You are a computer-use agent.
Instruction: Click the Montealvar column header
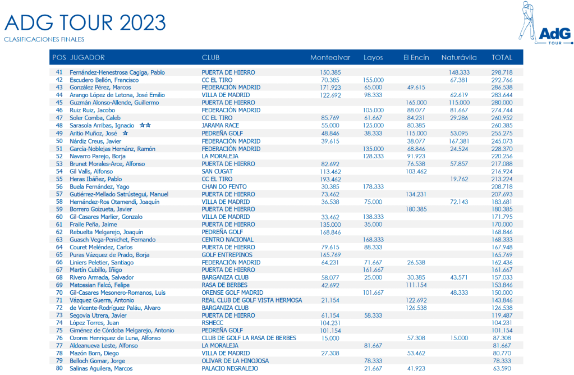pyautogui.click(x=330, y=58)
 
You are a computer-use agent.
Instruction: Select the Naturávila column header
pyautogui.click(x=459, y=58)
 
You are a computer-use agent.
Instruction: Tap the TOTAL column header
pyautogui.click(x=502, y=58)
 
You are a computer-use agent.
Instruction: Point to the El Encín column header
pyautogui.click(x=416, y=58)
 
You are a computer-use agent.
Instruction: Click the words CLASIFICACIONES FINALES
pyautogui.click(x=44, y=40)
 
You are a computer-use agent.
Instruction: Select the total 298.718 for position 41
pyautogui.click(x=502, y=72)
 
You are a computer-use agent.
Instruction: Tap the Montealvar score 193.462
pyautogui.click(x=330, y=179)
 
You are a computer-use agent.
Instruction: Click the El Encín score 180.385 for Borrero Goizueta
pyautogui.click(x=416, y=209)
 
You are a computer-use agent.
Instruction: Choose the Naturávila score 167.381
pyautogui.click(x=459, y=141)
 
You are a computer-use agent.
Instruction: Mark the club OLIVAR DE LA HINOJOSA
pyautogui.click(x=235, y=360)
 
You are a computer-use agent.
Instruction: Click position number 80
pyautogui.click(x=59, y=368)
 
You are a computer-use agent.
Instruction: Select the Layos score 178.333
pyautogui.click(x=373, y=186)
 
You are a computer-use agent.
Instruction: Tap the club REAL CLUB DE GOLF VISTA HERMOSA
pyautogui.click(x=252, y=300)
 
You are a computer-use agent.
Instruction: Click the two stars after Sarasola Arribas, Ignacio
pyautogui.click(x=145, y=126)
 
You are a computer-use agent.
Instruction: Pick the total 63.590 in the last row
pyautogui.click(x=502, y=368)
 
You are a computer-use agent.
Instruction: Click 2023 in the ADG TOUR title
pyautogui.click(x=143, y=22)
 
